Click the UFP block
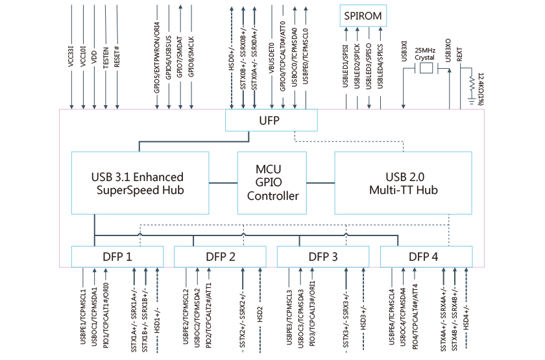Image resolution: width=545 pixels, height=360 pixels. pos(271,120)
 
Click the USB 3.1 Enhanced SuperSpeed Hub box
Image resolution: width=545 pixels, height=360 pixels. pos(139,183)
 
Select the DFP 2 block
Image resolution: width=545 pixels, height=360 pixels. pos(220,257)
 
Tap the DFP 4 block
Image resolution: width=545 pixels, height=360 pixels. pos(426,257)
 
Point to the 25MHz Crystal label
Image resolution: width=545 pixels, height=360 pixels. pos(424,53)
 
